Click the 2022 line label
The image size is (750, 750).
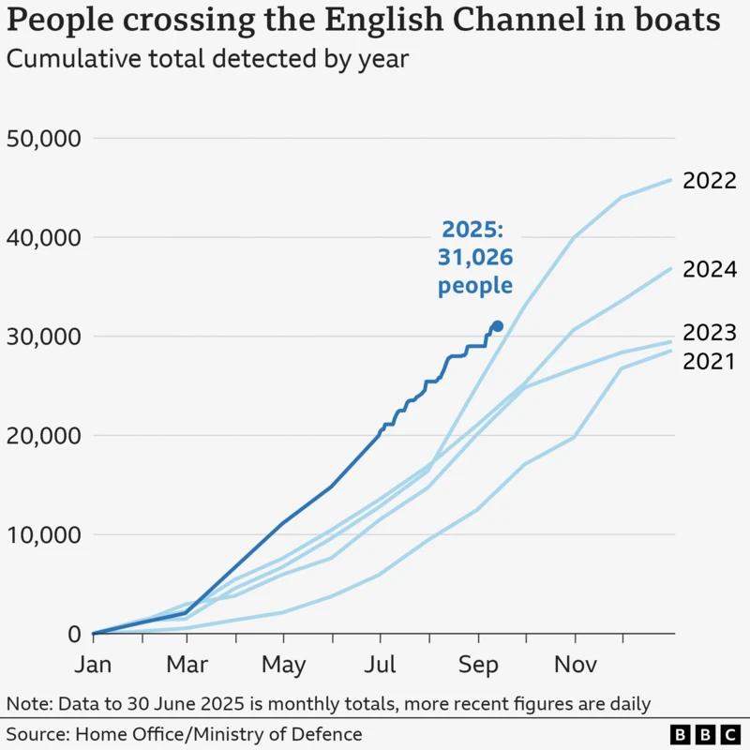[x=709, y=181]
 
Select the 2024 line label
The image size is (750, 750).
[x=709, y=270]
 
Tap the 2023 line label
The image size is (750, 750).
[x=709, y=333]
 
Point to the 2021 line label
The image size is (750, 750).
[x=709, y=360]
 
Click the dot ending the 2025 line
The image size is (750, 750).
[x=498, y=326]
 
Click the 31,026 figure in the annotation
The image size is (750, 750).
[x=476, y=258]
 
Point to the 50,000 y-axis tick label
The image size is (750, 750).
[x=44, y=139]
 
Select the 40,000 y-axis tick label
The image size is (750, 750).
[x=44, y=238]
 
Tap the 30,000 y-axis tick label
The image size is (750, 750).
[x=44, y=337]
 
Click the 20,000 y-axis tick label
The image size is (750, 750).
[x=44, y=436]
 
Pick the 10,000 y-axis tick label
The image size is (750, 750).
[x=44, y=535]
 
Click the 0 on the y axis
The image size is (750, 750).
[x=75, y=635]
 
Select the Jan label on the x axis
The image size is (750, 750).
[x=94, y=665]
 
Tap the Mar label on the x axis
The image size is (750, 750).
[x=188, y=665]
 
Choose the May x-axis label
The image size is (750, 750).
[x=283, y=665]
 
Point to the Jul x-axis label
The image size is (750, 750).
[x=380, y=665]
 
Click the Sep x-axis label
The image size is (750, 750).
[x=477, y=665]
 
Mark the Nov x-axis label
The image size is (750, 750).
[x=574, y=665]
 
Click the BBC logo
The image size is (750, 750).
[x=704, y=734]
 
